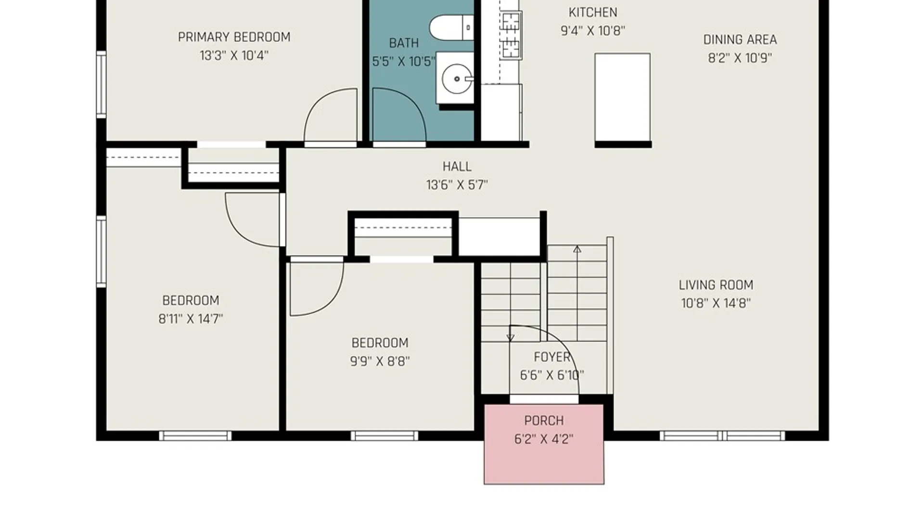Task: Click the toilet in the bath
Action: [451, 28]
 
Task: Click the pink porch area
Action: [544, 444]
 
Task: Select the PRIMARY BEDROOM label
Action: [234, 37]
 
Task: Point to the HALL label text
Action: [457, 167]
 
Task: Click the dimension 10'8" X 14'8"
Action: [716, 303]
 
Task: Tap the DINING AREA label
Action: [740, 40]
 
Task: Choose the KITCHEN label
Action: [592, 12]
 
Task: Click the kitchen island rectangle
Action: [622, 98]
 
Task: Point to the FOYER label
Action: [552, 357]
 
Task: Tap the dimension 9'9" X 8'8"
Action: [380, 361]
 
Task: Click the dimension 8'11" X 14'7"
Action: [191, 319]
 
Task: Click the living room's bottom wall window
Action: [722, 436]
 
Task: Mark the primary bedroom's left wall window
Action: [101, 85]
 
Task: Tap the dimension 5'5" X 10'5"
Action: [403, 62]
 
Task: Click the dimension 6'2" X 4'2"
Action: [544, 439]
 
